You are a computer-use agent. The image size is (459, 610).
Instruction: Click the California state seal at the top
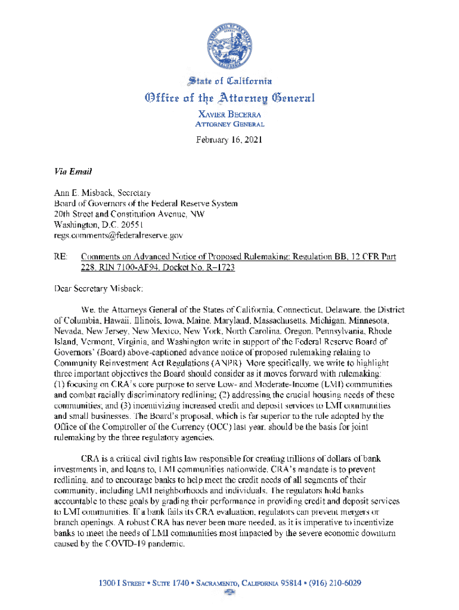229,46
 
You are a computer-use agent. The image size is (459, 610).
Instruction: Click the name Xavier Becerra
229,113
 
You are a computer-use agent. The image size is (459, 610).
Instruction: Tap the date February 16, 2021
229,141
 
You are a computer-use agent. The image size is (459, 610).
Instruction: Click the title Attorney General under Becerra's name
229,124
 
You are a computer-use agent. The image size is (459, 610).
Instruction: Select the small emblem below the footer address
229,593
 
